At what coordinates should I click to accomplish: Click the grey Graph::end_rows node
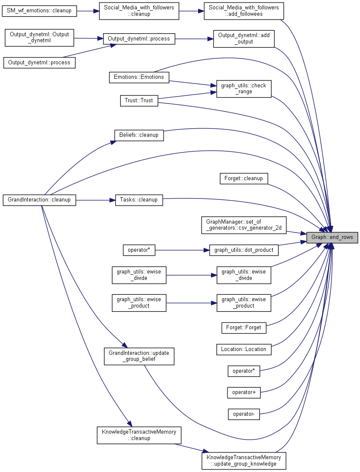[x=332, y=238]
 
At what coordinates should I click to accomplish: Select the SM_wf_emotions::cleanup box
[x=40, y=11]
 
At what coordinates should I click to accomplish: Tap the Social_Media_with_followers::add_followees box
[x=244, y=11]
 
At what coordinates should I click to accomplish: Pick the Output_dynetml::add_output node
[x=244, y=38]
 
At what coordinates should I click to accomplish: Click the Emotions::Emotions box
[x=139, y=77]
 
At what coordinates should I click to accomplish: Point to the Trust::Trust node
[x=139, y=101]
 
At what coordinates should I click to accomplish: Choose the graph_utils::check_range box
[x=244, y=89]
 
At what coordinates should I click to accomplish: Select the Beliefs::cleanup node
[x=139, y=135]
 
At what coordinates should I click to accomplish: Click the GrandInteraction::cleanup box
[x=40, y=200]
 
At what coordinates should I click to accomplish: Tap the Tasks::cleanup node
[x=139, y=200]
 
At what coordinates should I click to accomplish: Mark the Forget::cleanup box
[x=244, y=178]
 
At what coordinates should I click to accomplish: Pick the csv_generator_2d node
[x=244, y=225]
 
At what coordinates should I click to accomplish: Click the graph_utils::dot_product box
[x=244, y=250]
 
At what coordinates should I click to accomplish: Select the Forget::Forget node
[x=244, y=328]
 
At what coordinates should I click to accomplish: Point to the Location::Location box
[x=244, y=349]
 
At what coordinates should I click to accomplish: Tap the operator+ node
[x=244, y=392]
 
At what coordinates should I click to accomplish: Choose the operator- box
[x=244, y=414]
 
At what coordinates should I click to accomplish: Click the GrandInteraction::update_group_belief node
[x=139, y=357]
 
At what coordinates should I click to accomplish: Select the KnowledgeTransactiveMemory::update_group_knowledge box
[x=244, y=460]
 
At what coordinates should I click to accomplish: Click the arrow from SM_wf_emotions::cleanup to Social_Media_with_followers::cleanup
[x=88, y=11]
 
